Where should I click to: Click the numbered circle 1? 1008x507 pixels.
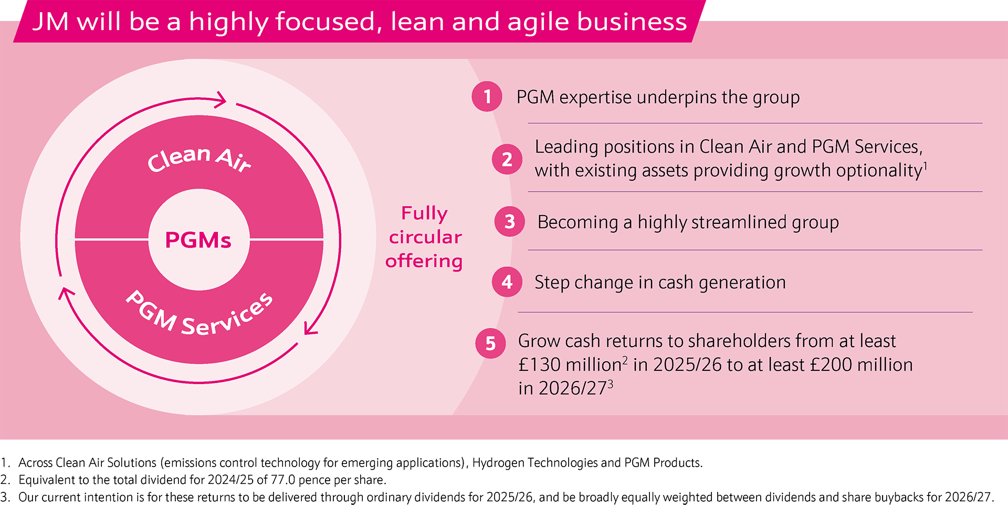point(487,97)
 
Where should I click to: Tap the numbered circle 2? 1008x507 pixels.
point(507,159)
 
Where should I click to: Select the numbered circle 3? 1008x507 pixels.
point(510,222)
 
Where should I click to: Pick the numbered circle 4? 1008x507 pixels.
point(507,282)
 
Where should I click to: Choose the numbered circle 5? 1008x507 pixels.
point(490,344)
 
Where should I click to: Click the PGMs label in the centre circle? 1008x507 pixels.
point(198,240)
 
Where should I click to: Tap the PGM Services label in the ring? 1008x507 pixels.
point(199,314)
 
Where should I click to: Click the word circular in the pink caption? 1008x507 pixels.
point(425,237)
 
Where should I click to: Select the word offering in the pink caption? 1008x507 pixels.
point(424,261)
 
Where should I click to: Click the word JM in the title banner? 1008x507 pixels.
point(50,22)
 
